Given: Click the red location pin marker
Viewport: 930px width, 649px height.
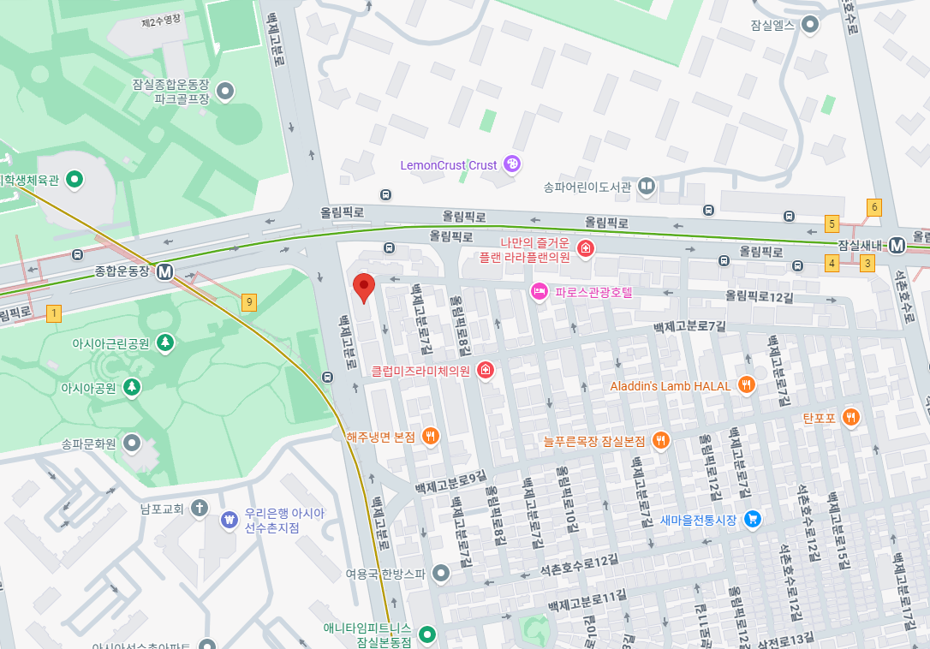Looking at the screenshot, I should pyautogui.click(x=364, y=288).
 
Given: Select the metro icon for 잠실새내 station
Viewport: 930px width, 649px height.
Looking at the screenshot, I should pyautogui.click(x=897, y=245).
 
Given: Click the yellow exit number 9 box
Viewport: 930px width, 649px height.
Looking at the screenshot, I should pyautogui.click(x=249, y=301).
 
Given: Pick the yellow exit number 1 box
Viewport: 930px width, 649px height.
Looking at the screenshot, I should pyautogui.click(x=55, y=313).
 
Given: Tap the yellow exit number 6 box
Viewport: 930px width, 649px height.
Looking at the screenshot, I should pyautogui.click(x=874, y=206).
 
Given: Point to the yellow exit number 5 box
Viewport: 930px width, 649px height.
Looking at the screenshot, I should pyautogui.click(x=832, y=223).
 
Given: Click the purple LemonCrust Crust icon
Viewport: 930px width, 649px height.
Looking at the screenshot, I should pyautogui.click(x=511, y=164).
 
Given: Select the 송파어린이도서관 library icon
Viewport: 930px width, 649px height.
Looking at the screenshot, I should pyautogui.click(x=647, y=186).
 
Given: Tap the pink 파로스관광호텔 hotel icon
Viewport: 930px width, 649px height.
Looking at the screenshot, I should pyautogui.click(x=540, y=292).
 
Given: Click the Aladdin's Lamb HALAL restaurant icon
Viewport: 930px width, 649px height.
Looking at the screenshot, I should pyautogui.click(x=747, y=385).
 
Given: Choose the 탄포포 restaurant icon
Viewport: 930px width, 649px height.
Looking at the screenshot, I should pyautogui.click(x=850, y=418).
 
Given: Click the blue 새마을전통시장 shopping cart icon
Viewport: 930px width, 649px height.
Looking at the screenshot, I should pyautogui.click(x=753, y=519).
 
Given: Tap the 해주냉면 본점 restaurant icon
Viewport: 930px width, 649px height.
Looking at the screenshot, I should pyautogui.click(x=431, y=437).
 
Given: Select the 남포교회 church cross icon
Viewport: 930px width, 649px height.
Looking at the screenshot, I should pyautogui.click(x=200, y=509).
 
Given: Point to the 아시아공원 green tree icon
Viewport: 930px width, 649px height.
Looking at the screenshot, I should pyautogui.click(x=132, y=387).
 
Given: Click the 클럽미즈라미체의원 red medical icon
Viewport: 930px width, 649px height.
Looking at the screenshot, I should pyautogui.click(x=486, y=371).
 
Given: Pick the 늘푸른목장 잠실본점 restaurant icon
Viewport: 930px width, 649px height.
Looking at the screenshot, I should pyautogui.click(x=661, y=440).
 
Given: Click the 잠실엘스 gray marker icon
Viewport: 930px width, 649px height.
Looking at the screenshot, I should pyautogui.click(x=809, y=25).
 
